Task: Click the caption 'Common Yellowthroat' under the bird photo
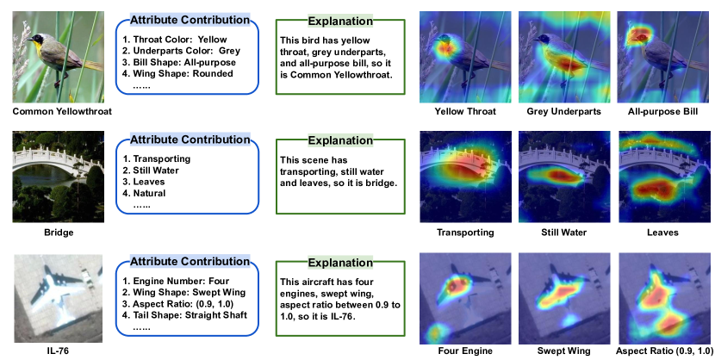pyautogui.click(x=62, y=112)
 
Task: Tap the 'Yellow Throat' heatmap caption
pyautogui.click(x=465, y=112)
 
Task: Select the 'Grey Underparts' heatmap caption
pyautogui.click(x=563, y=112)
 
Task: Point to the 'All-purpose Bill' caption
pyautogui.click(x=662, y=112)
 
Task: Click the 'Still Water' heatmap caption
pyautogui.click(x=563, y=233)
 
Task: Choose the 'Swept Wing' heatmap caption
pyautogui.click(x=563, y=351)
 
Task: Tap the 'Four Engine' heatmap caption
pyautogui.click(x=465, y=351)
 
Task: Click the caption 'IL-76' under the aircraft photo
pyautogui.click(x=58, y=351)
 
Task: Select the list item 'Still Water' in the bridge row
pyautogui.click(x=151, y=171)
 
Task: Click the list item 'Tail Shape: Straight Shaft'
pyautogui.click(x=184, y=315)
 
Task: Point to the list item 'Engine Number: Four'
pyautogui.click(x=176, y=281)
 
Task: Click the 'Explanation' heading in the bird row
pyautogui.click(x=340, y=21)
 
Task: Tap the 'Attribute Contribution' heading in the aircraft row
pyautogui.click(x=190, y=262)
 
